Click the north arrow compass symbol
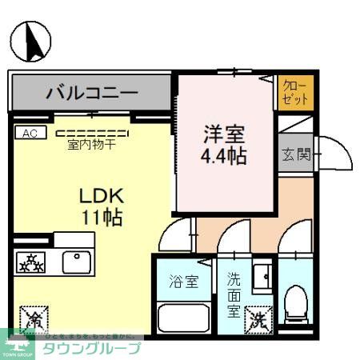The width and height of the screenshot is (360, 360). click(x=30, y=42)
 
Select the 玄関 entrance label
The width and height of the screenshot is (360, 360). click(x=296, y=154)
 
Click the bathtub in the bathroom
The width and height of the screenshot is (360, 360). click(x=183, y=318)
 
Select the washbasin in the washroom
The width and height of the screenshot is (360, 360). click(x=261, y=277)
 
